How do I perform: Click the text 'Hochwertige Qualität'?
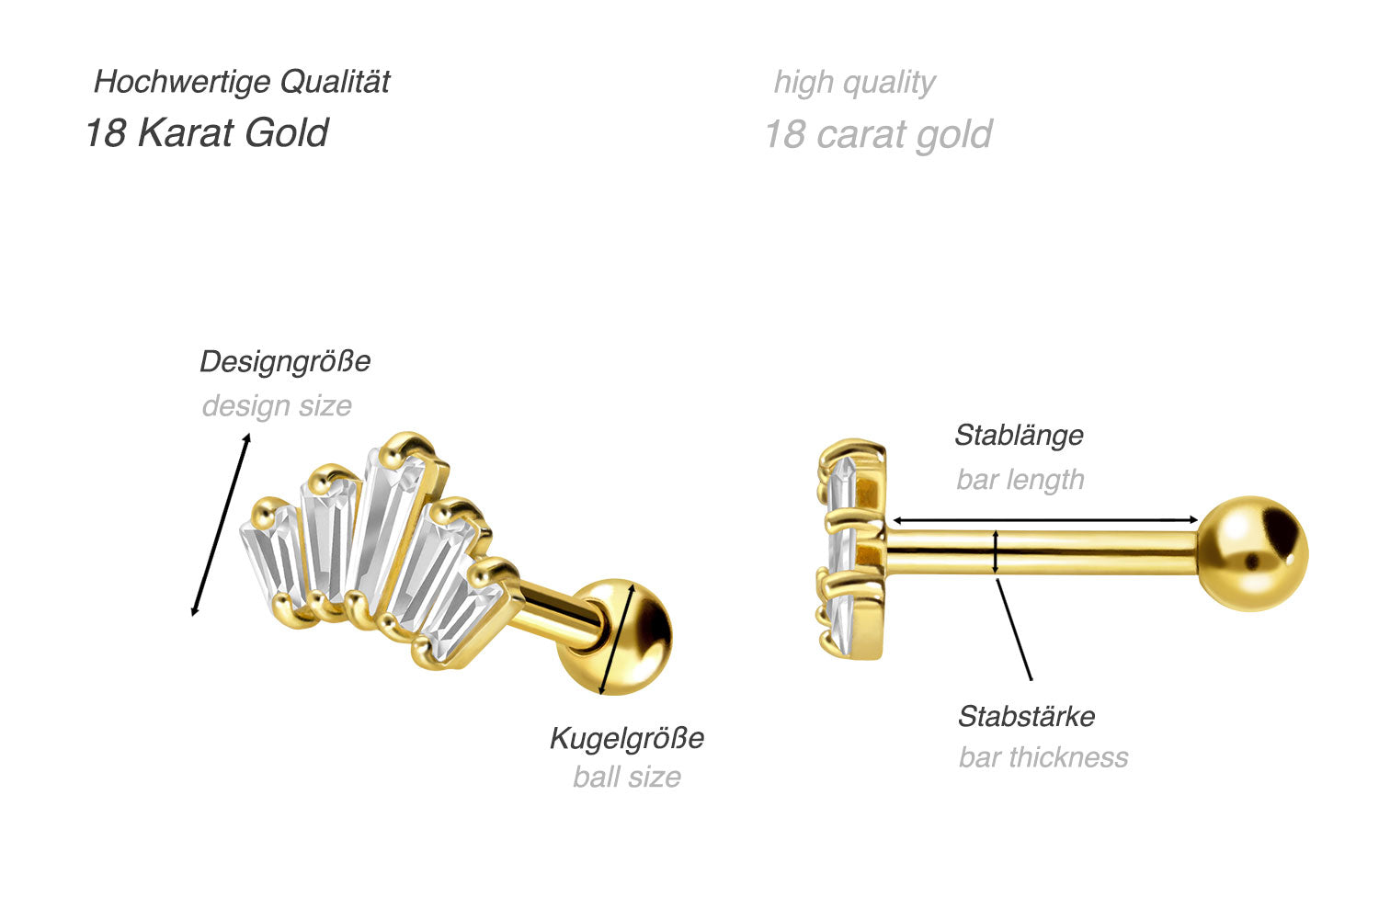click(242, 82)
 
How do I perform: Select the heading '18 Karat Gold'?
click(206, 132)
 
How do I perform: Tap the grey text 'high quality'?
click(854, 83)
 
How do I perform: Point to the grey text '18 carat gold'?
click(878, 135)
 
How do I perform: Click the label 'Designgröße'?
click(285, 361)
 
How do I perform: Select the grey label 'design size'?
click(277, 405)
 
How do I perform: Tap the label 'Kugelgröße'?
click(627, 738)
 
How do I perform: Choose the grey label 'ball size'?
click(627, 778)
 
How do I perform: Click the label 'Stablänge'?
click(1019, 435)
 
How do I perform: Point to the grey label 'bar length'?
click(1020, 480)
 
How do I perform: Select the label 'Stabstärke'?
click(1026, 716)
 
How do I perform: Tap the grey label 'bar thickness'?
click(1043, 757)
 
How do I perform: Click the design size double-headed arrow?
click(221, 525)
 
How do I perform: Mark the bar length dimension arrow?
click(1045, 521)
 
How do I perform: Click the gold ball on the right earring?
click(1253, 553)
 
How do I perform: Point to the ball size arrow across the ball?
click(617, 641)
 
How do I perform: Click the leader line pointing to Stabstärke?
click(1015, 630)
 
